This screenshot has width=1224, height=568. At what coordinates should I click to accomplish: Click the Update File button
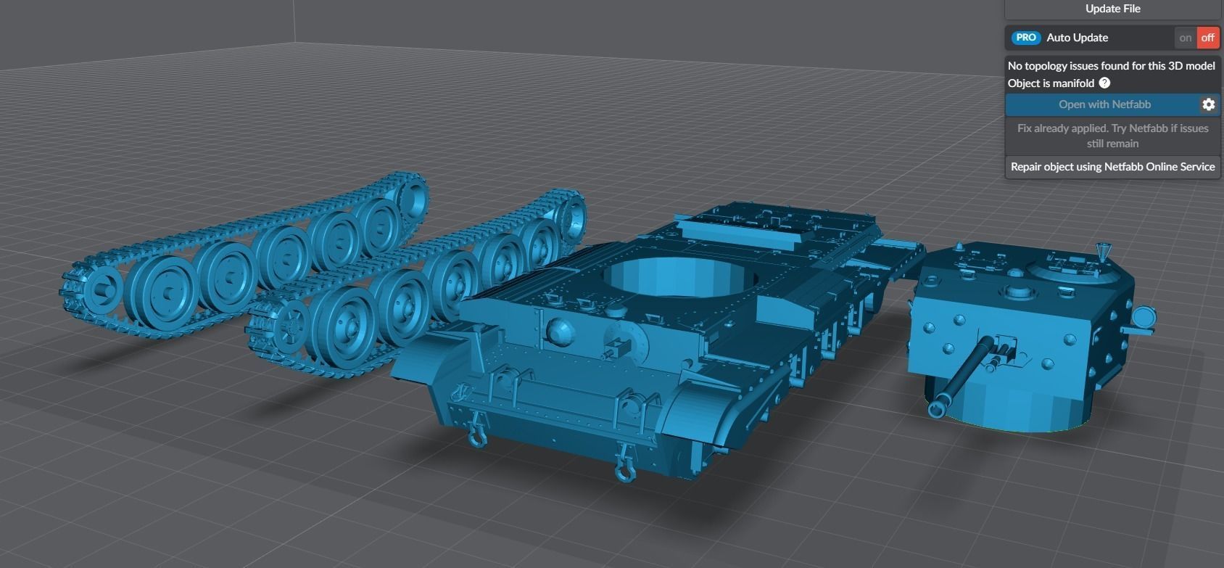[1112, 9]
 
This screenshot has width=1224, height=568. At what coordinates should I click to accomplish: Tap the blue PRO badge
[1025, 38]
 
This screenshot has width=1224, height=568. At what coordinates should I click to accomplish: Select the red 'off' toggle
[1207, 38]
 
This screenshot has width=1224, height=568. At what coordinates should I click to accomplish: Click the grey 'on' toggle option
[1185, 38]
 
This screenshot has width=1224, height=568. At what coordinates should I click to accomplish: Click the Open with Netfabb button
[1104, 104]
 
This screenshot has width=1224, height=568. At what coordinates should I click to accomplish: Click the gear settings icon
[1208, 104]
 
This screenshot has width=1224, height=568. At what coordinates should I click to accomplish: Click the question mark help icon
[1104, 83]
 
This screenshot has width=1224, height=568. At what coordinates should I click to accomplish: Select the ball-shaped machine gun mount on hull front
[561, 332]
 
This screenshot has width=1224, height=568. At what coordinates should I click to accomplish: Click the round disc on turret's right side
[1142, 318]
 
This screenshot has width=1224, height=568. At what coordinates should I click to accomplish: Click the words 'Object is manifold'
[1051, 83]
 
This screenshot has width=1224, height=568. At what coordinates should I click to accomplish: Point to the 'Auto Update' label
[1077, 38]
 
